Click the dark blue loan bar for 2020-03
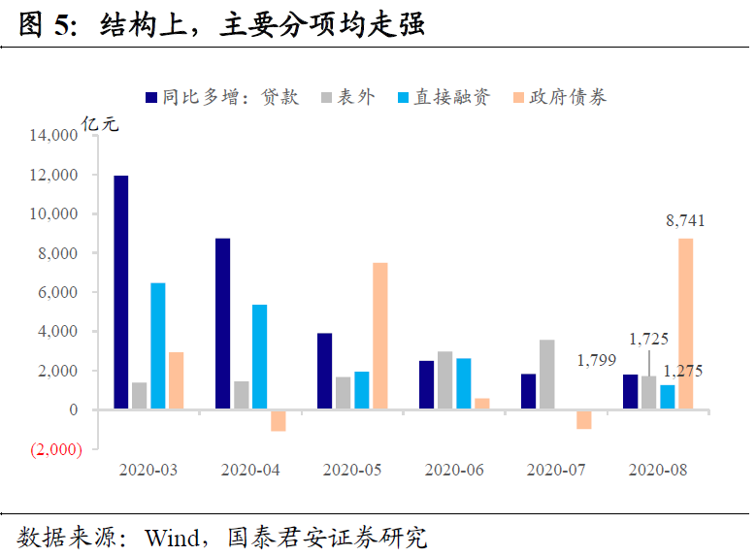pyautogui.click(x=121, y=292)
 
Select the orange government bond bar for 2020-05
pyautogui.click(x=379, y=336)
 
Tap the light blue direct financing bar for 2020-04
pyautogui.click(x=259, y=357)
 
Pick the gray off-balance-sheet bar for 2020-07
pyautogui.click(x=546, y=375)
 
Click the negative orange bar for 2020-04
pyautogui.click(x=279, y=419)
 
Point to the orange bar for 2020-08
pyautogui.click(x=685, y=324)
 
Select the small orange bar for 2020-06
pyautogui.click(x=482, y=404)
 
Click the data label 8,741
pyautogui.click(x=685, y=221)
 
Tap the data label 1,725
pyautogui.click(x=649, y=340)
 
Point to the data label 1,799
pyautogui.click(x=597, y=360)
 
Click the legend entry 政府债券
pyautogui.click(x=569, y=97)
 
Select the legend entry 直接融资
pyautogui.click(x=451, y=97)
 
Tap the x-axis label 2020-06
pyautogui.click(x=454, y=471)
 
